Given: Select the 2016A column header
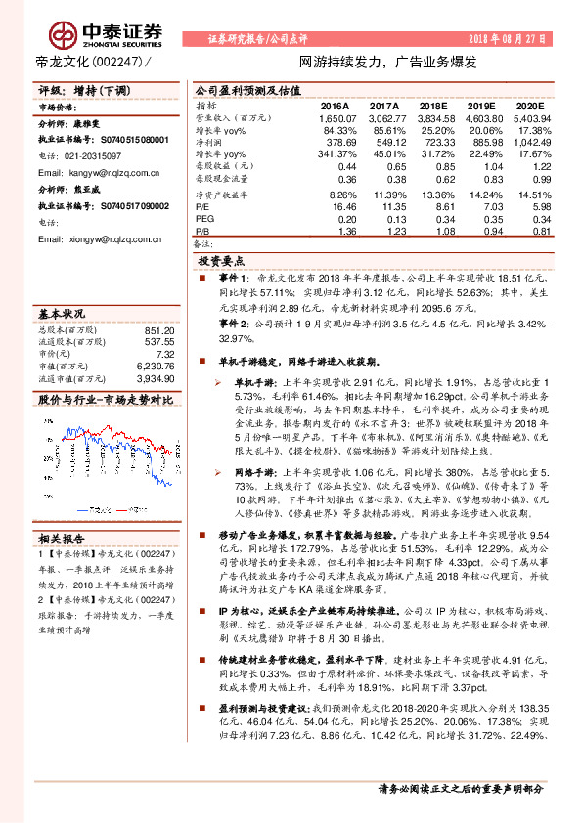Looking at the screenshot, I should tap(335, 104).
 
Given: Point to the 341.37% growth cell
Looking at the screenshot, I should tap(335, 154).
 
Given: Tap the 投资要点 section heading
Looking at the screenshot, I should tap(221, 263).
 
